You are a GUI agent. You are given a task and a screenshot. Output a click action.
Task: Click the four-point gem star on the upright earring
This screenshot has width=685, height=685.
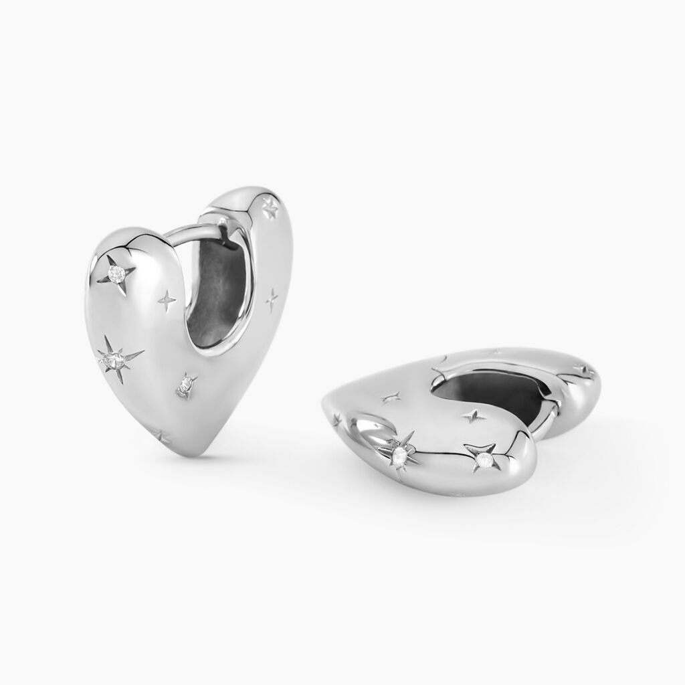118,273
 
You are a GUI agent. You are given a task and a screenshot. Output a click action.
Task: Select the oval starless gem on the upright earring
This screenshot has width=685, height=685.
185,385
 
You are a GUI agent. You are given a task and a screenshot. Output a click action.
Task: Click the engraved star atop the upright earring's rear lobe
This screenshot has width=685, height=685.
270,209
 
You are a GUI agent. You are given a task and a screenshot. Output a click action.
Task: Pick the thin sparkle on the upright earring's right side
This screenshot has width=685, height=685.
272,300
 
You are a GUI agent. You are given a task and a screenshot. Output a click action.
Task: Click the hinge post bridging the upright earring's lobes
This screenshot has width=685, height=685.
194,231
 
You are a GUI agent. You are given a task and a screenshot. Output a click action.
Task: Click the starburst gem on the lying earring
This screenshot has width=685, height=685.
400,455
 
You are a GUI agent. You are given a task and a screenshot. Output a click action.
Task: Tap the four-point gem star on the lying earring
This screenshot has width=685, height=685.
483,458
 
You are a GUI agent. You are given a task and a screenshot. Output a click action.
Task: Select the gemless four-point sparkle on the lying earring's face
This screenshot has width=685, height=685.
474,416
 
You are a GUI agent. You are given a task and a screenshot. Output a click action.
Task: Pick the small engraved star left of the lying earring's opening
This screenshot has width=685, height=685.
392,397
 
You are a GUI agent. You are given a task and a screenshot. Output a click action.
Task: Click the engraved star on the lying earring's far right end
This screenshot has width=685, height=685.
583,369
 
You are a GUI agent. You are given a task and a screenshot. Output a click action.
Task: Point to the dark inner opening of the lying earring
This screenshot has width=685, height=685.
502,395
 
